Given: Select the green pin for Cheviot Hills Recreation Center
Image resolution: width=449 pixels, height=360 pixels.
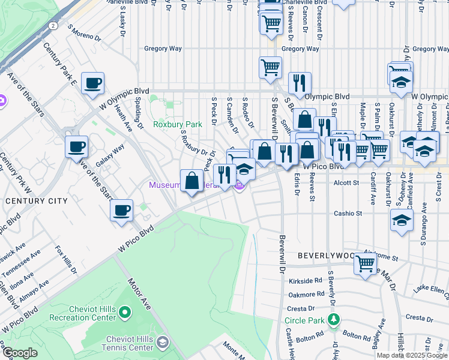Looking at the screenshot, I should tap(124, 311).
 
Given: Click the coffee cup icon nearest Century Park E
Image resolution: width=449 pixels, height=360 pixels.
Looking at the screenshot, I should tap(92, 83).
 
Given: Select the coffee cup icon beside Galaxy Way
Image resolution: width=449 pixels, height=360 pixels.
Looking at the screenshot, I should tap(77, 146).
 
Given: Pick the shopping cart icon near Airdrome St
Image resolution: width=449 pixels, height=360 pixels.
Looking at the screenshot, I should tap(365, 263).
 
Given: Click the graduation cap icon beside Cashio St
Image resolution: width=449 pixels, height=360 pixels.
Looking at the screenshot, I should tap(402, 220).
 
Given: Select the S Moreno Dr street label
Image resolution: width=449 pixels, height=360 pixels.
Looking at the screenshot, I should tap(85, 32).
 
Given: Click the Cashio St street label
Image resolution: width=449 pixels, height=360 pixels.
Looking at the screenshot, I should tap(348, 213).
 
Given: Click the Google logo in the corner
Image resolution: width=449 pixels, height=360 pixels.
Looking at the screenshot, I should tap(20, 353).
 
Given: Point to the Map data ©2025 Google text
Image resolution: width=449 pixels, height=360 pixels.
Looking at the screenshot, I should tap(411, 355).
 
